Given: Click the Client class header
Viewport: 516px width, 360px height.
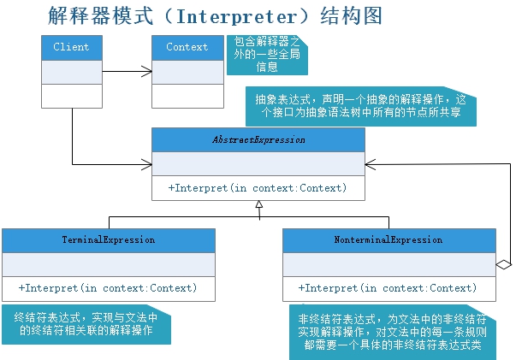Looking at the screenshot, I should [x=71, y=47].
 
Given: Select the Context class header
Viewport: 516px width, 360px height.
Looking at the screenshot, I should [x=187, y=47].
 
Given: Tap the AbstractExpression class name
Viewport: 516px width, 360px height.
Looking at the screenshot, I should [x=258, y=139].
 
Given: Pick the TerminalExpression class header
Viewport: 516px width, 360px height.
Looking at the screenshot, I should [x=109, y=240].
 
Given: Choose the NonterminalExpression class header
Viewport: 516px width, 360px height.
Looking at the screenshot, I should [x=388, y=240].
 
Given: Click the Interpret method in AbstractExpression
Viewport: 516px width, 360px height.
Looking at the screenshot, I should [x=258, y=188].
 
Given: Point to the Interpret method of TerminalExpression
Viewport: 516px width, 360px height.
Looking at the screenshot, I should [x=109, y=288].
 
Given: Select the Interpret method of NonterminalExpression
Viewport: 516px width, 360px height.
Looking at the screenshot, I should [x=388, y=288].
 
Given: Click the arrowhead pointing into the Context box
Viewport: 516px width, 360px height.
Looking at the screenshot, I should [x=147, y=72].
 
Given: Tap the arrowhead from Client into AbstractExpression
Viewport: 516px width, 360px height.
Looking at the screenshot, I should [x=147, y=163].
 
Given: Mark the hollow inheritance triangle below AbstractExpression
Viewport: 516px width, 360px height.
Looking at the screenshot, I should [x=258, y=206].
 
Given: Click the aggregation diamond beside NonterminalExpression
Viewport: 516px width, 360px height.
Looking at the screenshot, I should [x=503, y=265].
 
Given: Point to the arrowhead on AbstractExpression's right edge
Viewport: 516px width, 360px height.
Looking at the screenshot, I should [x=369, y=163].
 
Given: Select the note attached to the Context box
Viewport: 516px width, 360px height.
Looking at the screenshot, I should [x=267, y=55].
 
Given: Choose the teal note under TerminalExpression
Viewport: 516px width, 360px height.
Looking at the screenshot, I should [x=86, y=323].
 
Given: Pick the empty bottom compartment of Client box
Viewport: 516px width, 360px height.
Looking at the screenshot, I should [x=71, y=96].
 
